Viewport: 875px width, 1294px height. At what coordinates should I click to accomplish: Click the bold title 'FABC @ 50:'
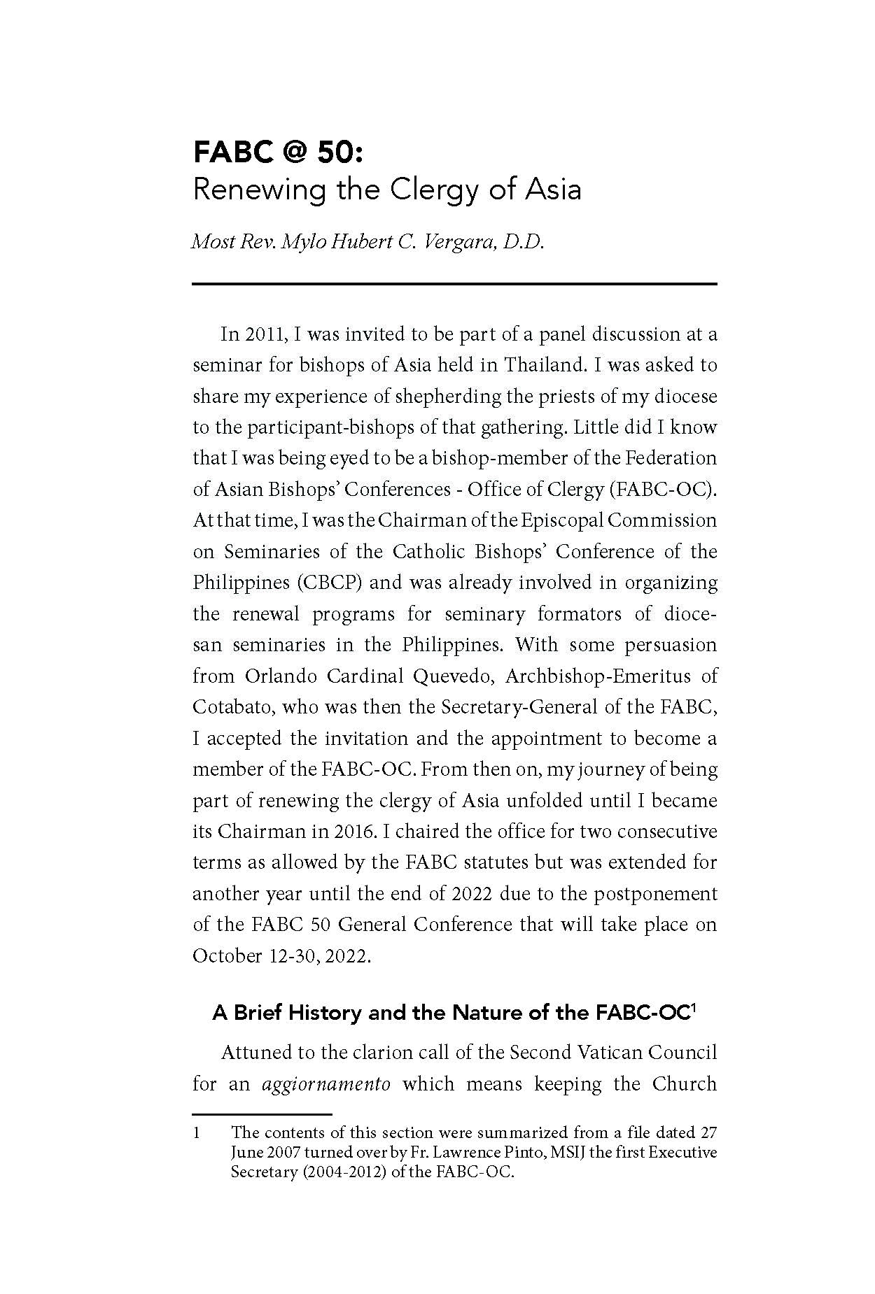click(x=279, y=152)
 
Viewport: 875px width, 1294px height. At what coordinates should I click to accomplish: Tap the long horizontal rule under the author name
click(x=455, y=283)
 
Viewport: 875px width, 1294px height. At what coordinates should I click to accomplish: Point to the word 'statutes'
click(x=496, y=862)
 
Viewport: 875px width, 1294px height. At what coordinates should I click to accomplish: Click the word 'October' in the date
click(x=227, y=955)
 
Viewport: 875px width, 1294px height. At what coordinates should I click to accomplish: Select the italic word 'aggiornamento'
click(x=325, y=1084)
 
